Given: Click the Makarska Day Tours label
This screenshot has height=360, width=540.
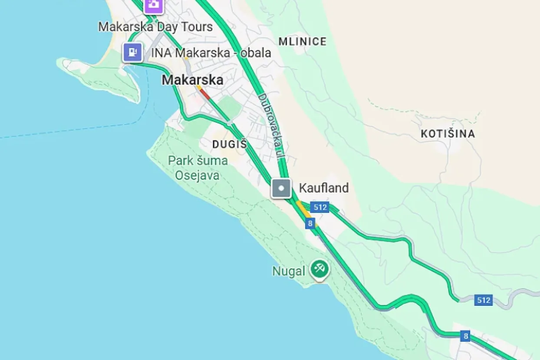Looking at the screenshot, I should [x=155, y=27].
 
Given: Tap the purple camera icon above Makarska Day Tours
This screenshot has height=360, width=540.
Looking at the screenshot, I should [x=153, y=5].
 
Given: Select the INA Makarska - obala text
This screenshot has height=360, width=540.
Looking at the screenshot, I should [x=211, y=53].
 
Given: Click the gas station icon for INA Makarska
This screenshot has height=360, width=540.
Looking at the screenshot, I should [x=133, y=52].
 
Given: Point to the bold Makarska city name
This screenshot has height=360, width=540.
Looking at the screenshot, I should [x=192, y=80].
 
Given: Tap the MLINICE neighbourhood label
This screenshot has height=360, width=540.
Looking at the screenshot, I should [x=302, y=42].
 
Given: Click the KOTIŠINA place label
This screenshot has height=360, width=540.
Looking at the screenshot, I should [x=448, y=134].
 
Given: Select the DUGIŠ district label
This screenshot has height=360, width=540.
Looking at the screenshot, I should [x=229, y=144].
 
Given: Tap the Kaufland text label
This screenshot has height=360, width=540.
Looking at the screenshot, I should [x=323, y=188].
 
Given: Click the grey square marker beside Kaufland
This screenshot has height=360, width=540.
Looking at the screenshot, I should [x=281, y=188].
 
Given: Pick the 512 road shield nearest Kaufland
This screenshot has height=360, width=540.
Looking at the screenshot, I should [x=319, y=207].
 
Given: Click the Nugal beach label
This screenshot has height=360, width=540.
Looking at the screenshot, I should [x=289, y=272].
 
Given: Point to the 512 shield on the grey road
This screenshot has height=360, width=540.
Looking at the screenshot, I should [x=483, y=300].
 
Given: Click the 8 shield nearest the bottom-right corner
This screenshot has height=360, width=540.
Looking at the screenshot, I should [x=466, y=335].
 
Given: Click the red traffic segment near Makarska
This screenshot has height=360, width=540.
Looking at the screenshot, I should [x=205, y=94].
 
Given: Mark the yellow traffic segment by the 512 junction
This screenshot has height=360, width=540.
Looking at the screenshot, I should [x=304, y=210].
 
